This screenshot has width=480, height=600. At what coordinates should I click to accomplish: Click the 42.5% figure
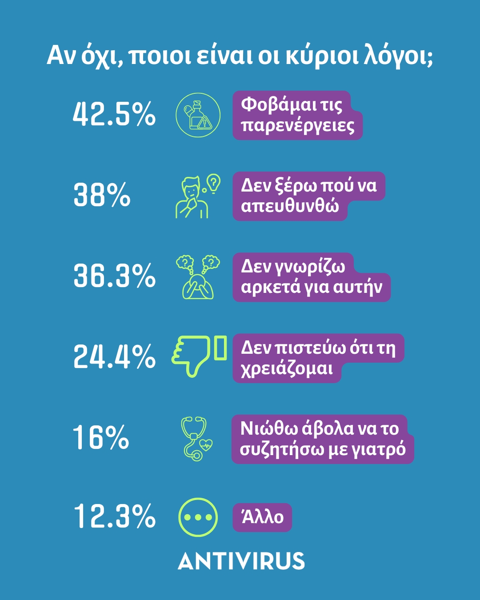pos(114,114)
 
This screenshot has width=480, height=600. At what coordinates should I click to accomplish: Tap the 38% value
pos(102,195)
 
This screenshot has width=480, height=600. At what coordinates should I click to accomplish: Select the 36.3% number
pos(114,276)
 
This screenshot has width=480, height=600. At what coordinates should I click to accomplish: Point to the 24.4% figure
pos(114,356)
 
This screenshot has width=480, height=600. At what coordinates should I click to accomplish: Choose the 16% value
pos(101,437)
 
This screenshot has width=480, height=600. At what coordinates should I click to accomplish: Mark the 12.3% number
pos(114,516)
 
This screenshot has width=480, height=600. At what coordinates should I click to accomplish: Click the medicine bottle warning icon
pos(198,115)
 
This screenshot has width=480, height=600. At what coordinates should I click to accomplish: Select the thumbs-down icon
pos(199,356)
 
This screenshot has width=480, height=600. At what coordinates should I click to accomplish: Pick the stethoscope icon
pos(196,438)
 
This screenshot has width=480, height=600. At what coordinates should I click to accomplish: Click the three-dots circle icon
pos(198,517)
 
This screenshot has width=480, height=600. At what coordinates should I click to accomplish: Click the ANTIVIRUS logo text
pos(241,561)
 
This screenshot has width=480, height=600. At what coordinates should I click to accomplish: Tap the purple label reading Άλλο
pos(262,517)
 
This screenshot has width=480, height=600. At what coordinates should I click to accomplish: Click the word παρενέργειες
pos(298,126)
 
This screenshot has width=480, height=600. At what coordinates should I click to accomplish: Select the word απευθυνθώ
pos(290,207)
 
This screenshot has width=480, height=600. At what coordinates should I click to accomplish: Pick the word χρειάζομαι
pos(287,369)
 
